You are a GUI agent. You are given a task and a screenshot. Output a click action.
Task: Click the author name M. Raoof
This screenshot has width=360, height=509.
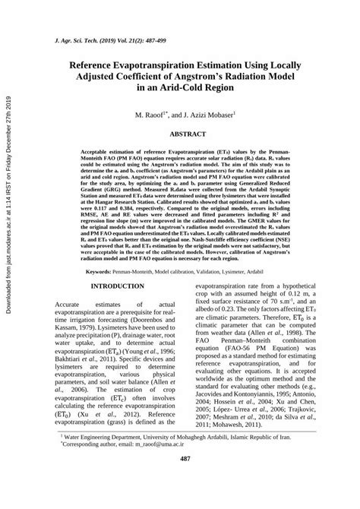coord(150,114)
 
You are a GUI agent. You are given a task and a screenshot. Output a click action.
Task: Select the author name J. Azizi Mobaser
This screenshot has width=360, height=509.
coord(212,114)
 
